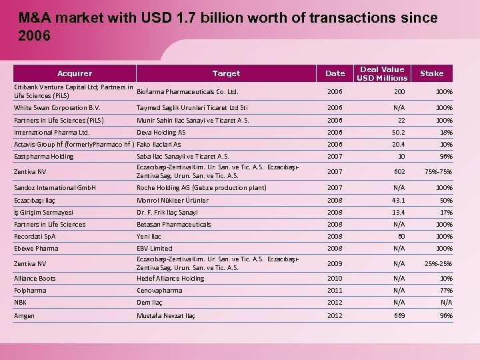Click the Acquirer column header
(75, 73)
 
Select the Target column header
(226, 73)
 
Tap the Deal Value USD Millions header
(382, 73)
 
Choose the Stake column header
(431, 73)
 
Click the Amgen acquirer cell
(24, 315)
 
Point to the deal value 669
(399, 315)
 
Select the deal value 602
(399, 171)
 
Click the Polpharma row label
(30, 291)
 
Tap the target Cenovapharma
(159, 291)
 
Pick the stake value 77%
(445, 291)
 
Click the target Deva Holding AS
(161, 132)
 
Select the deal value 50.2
(397, 132)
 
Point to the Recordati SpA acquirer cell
(35, 236)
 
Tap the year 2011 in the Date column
(335, 291)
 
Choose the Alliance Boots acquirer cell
(35, 278)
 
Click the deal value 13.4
(397, 212)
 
